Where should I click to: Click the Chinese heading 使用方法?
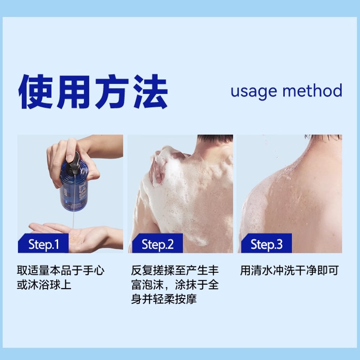pyautogui.click(x=93, y=91)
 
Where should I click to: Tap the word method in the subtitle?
pyautogui.click(x=312, y=90)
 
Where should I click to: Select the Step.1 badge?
pyautogui.click(x=43, y=244)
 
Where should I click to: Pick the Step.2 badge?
pyautogui.click(x=158, y=244)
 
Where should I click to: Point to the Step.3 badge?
pyautogui.click(x=266, y=244)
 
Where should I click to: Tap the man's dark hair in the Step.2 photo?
pyautogui.click(x=215, y=139)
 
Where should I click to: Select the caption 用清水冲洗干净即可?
pyautogui.click(x=290, y=270)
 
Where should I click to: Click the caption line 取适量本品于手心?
pyautogui.click(x=60, y=270)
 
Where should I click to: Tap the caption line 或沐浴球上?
pyautogui.click(x=44, y=285)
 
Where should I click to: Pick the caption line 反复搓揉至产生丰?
pyautogui.click(x=175, y=270)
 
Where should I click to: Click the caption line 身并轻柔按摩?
pyautogui.click(x=164, y=299)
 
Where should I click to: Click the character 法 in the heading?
pyautogui.click(x=151, y=91)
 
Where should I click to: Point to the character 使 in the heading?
pyautogui.click(x=36, y=91)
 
